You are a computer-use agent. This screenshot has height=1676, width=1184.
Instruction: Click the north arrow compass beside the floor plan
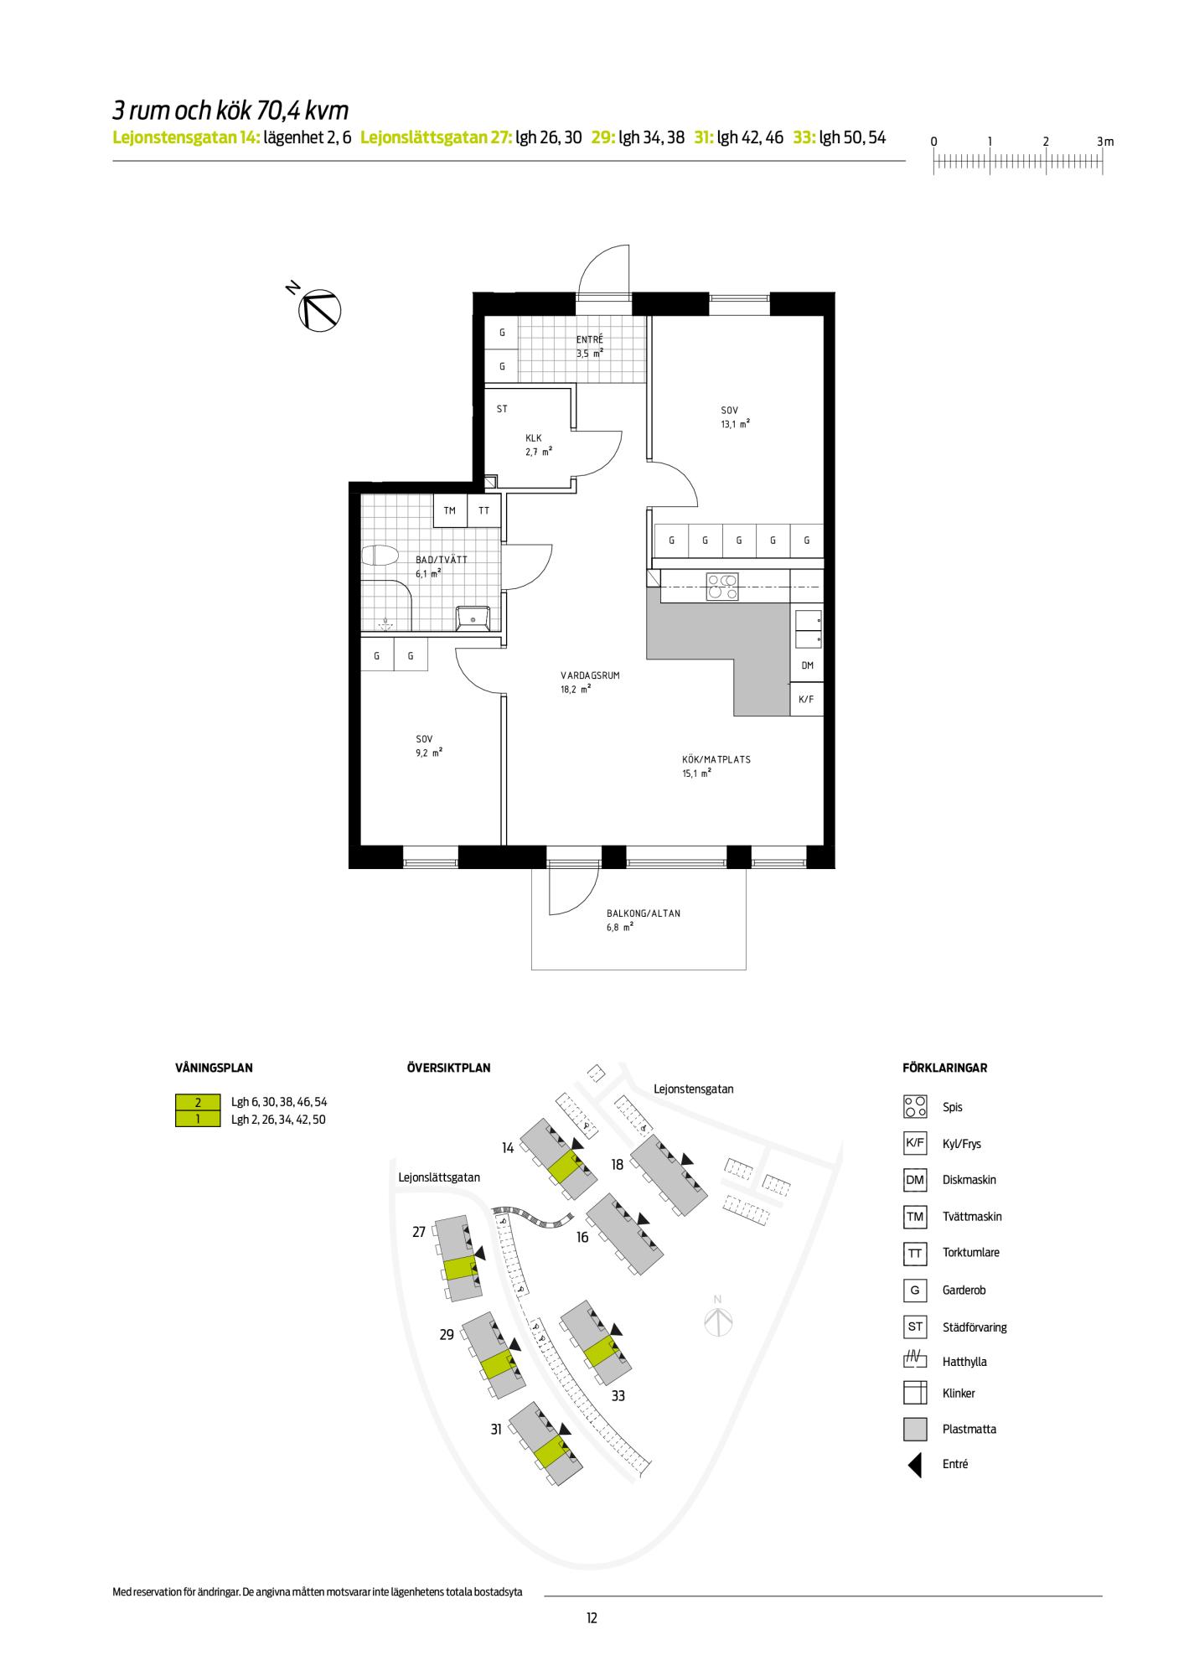point(319,308)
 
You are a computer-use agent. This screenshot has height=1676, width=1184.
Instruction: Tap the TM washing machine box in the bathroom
point(450,510)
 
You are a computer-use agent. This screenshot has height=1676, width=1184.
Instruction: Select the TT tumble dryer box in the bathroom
point(484,510)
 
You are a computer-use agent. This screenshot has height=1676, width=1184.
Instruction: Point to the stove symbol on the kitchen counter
point(722,586)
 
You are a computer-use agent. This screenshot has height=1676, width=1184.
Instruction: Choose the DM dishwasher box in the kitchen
point(807,665)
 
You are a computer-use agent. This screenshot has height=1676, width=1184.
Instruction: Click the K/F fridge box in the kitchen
point(807,699)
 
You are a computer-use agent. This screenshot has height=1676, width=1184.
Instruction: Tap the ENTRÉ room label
point(589,339)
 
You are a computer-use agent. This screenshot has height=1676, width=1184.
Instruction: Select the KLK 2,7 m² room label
point(538,445)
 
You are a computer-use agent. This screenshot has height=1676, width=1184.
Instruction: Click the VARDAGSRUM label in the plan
point(590,675)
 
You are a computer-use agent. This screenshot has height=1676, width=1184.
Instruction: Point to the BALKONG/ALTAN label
point(644,913)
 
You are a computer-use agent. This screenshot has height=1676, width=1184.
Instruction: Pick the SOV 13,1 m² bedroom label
point(734,417)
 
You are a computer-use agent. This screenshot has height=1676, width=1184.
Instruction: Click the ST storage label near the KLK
point(502,409)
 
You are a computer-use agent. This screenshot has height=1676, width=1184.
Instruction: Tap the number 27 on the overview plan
point(419,1231)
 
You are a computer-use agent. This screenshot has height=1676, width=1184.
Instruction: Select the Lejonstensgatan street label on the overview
point(693,1089)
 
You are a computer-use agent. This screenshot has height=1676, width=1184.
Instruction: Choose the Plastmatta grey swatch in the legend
point(915,1429)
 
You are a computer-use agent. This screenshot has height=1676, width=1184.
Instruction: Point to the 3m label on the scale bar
point(1105,142)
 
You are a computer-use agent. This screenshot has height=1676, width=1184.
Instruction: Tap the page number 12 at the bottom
point(592,1618)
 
